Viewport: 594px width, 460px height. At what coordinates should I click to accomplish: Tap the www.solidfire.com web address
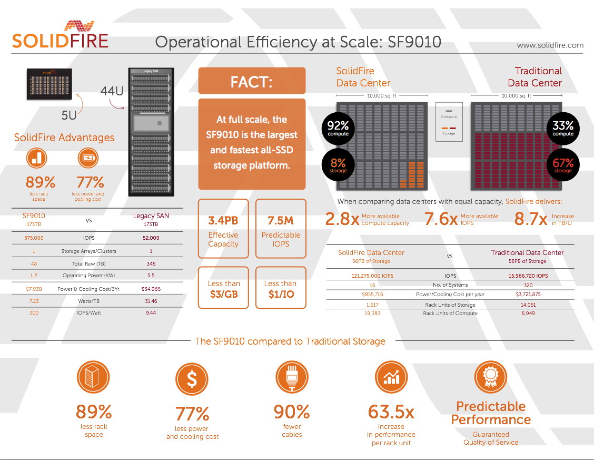point(550,45)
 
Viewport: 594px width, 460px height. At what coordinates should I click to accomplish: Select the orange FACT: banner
point(252,81)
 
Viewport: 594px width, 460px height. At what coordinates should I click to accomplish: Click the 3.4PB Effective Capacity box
point(223,228)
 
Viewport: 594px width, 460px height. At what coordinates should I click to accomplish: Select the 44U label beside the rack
point(112,91)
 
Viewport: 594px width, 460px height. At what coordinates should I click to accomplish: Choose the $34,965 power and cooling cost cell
point(151,289)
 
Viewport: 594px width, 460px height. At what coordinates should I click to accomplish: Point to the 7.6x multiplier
point(441,219)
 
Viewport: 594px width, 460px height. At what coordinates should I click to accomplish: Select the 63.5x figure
point(391,411)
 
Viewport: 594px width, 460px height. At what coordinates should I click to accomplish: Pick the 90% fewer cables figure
point(292,411)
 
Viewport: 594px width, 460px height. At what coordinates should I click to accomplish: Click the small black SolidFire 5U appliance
point(49,83)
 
